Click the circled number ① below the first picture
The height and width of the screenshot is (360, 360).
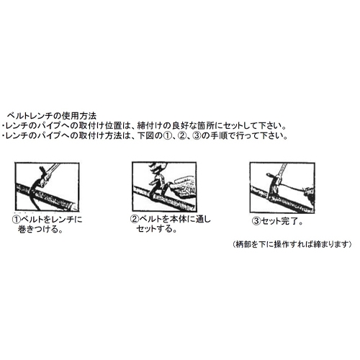[15, 220]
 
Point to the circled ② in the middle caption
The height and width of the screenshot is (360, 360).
[134, 220]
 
